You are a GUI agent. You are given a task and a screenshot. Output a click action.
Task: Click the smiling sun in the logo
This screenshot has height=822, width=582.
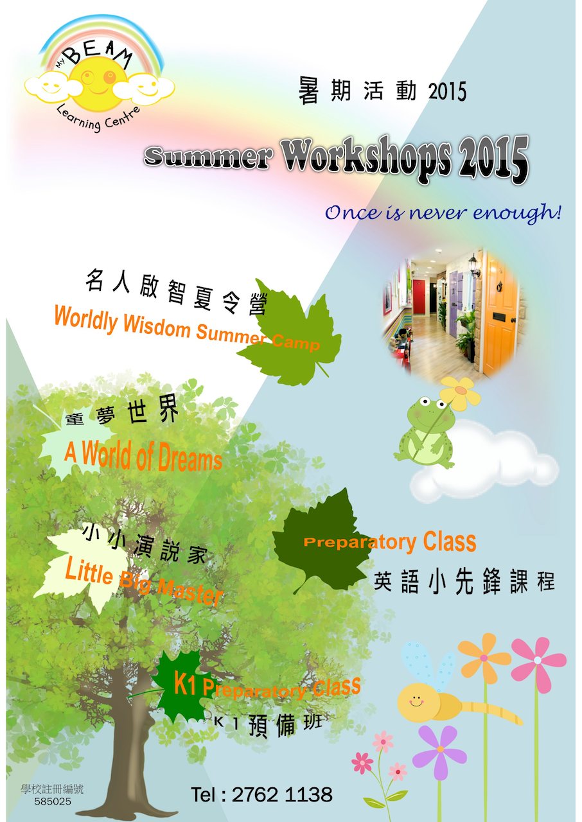tap(98, 84)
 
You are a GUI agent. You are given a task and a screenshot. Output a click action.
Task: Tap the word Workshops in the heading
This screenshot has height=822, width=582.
tap(367, 157)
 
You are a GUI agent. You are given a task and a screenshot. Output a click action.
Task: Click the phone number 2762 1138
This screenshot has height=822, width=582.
tap(282, 794)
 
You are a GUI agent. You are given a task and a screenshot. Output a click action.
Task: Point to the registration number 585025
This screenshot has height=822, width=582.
tap(53, 801)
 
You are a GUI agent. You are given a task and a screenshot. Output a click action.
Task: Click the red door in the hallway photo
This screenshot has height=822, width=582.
tap(418, 297)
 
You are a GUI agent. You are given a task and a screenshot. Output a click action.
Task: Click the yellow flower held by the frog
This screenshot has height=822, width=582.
tap(460, 393)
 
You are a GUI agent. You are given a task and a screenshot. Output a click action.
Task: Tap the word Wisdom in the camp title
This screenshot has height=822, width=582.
tap(157, 325)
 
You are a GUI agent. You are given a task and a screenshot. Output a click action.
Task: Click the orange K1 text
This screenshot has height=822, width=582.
tap(184, 683)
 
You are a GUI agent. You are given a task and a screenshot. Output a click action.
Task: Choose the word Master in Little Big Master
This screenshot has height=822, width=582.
tap(190, 591)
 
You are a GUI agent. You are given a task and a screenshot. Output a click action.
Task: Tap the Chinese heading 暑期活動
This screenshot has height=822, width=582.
tap(357, 91)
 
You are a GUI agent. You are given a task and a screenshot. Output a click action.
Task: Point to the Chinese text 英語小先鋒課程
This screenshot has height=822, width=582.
tap(464, 582)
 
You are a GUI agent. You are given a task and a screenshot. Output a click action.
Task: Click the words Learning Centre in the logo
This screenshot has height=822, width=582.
tap(98, 117)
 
